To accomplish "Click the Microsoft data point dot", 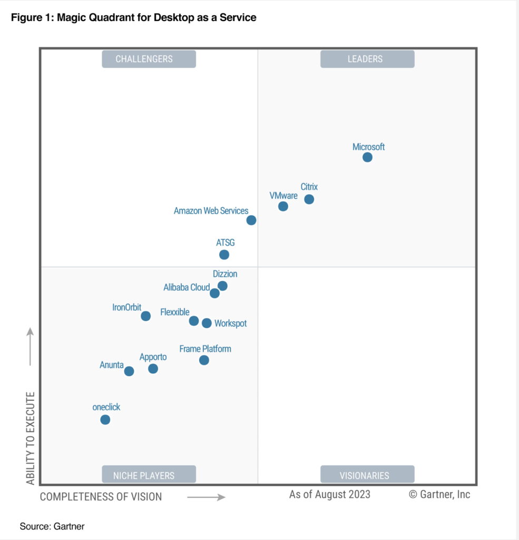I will click(x=367, y=157).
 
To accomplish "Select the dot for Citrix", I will click(x=309, y=199).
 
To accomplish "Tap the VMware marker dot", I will click(x=283, y=206).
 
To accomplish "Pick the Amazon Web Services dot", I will click(x=251, y=220).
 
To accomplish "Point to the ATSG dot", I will click(x=224, y=255).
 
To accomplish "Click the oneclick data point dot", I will click(x=105, y=420).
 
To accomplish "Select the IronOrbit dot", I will click(x=146, y=316).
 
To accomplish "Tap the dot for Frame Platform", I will click(x=204, y=360).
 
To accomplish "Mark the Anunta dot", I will click(x=129, y=371).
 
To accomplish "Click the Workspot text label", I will click(x=230, y=323).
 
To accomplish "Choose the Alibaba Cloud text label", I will click(x=187, y=287).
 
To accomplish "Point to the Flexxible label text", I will click(x=175, y=313).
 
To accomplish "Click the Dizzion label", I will click(x=225, y=274).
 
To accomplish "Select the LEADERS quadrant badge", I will click(x=367, y=59).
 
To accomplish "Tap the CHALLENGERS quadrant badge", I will click(x=149, y=59).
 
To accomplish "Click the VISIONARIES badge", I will click(x=367, y=475).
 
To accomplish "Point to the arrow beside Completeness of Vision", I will click(x=206, y=497).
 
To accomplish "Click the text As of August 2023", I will click(x=330, y=495).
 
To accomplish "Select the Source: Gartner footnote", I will click(x=52, y=526).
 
